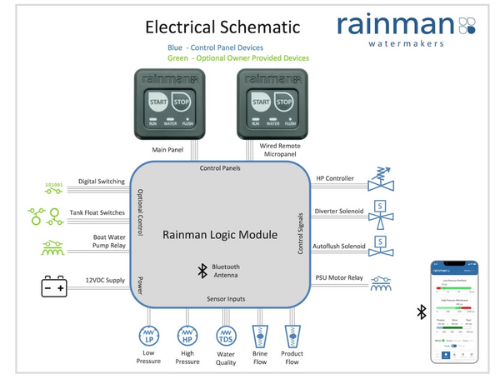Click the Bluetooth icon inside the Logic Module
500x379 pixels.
point(201,269)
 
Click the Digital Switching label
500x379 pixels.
point(101,181)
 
